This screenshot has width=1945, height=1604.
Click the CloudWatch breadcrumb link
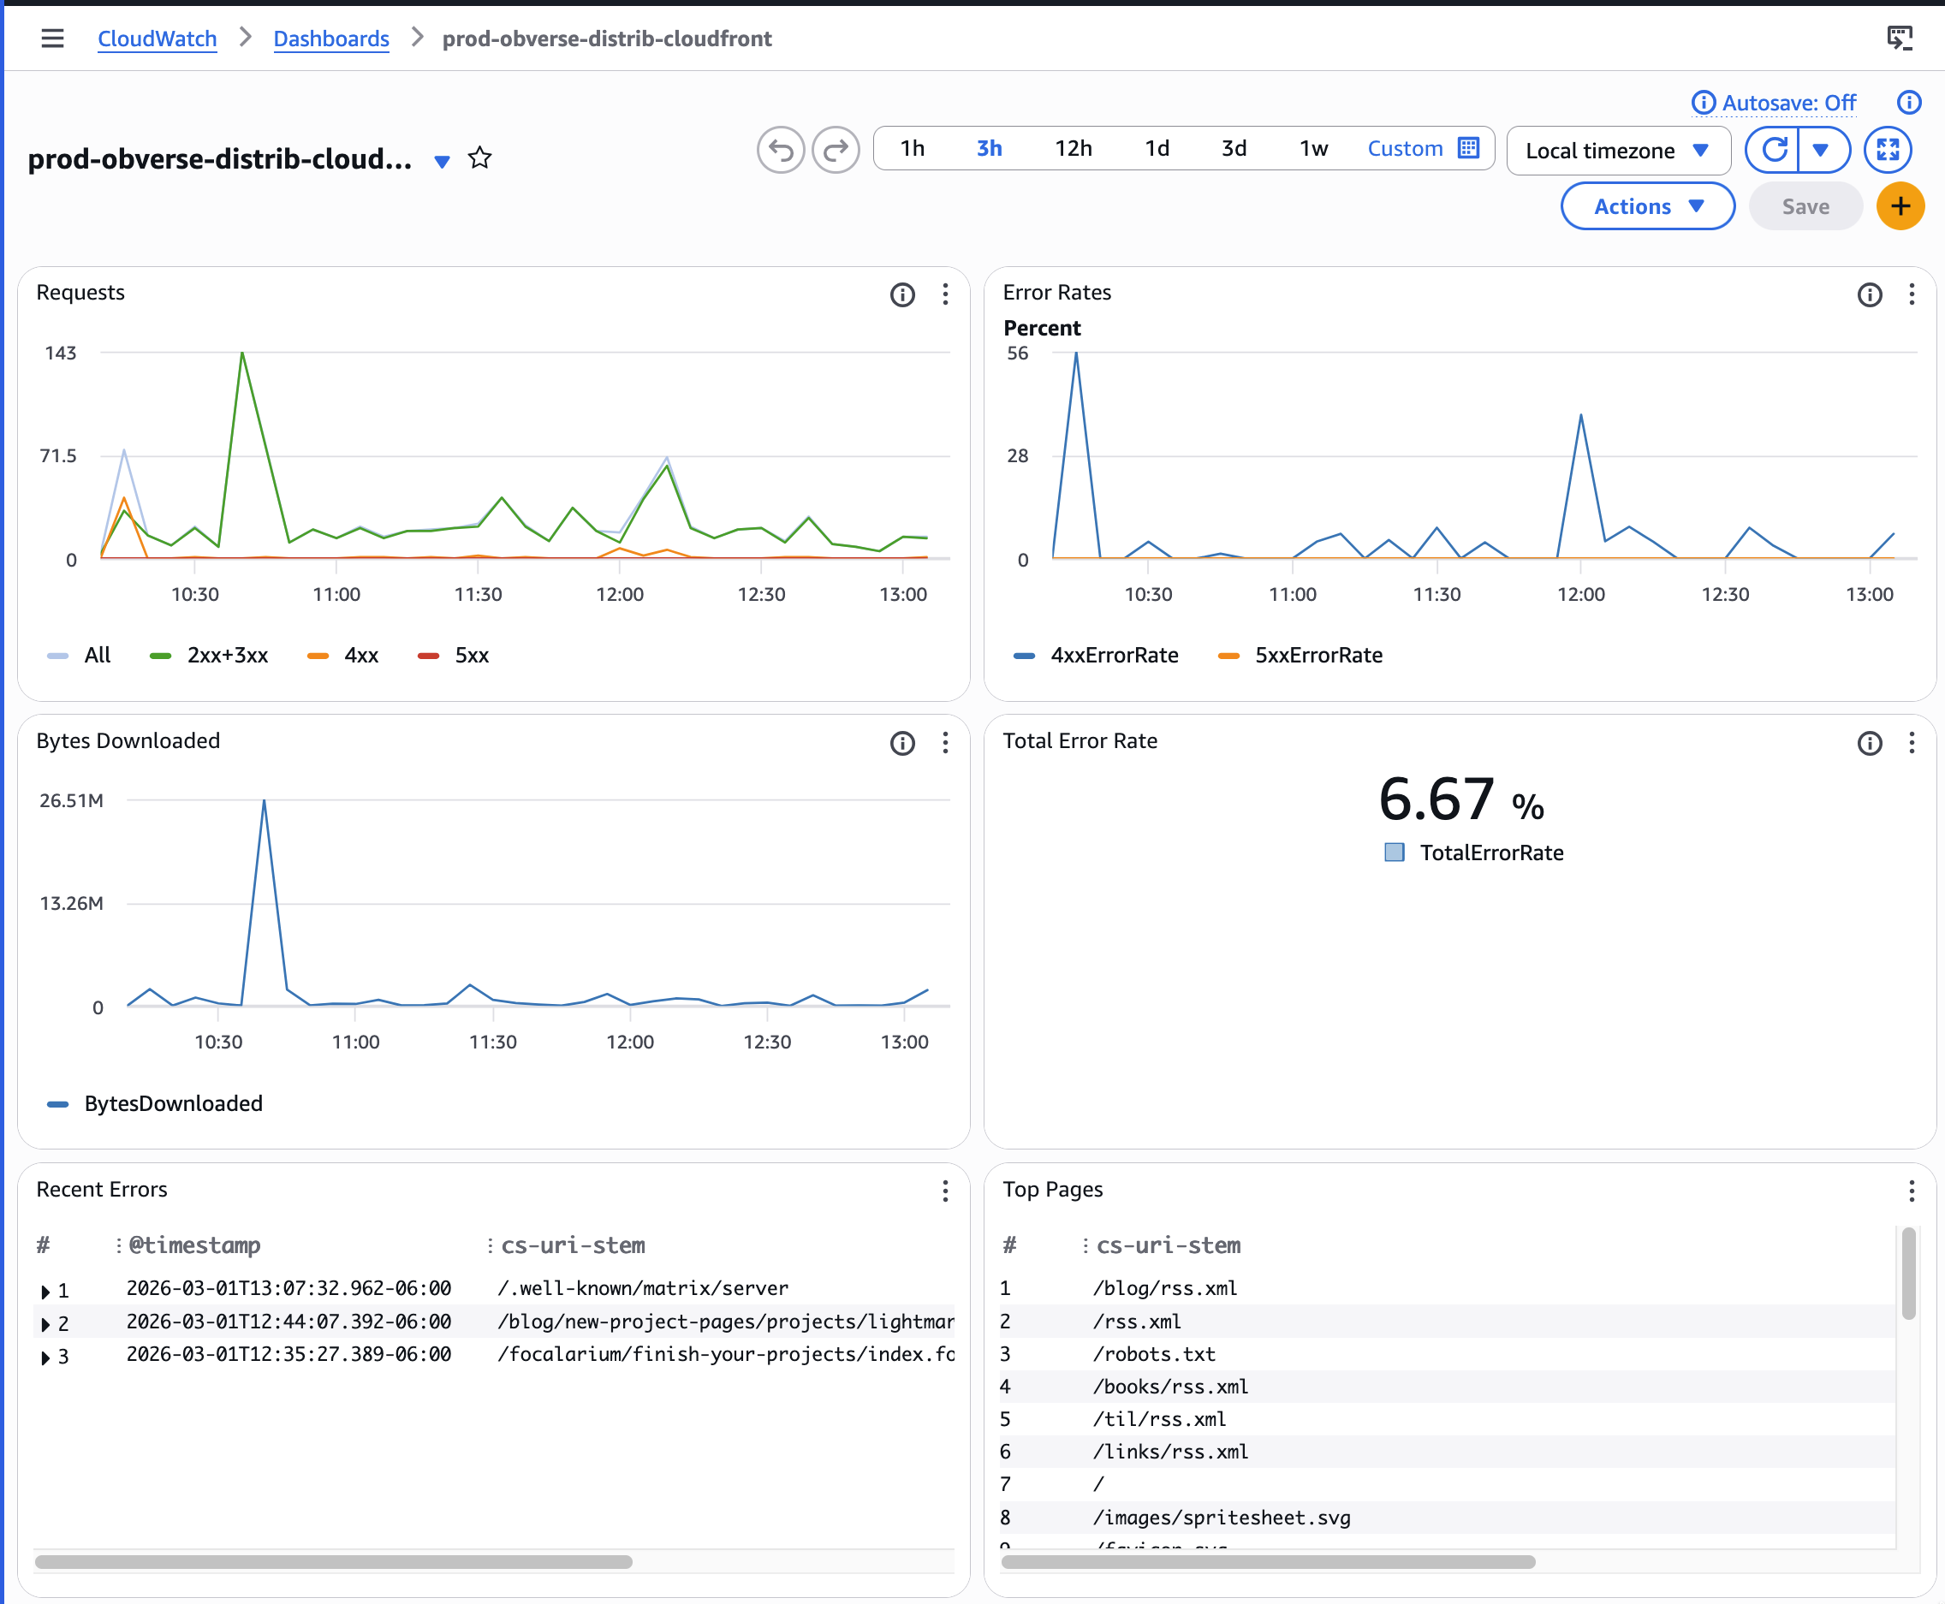[x=157, y=39]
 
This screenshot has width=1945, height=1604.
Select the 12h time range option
[x=1073, y=149]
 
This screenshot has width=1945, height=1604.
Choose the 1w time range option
[x=1313, y=149]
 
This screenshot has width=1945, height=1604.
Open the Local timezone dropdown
[x=1617, y=151]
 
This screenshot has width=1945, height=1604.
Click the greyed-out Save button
[x=1805, y=207]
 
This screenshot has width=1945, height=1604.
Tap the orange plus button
[x=1900, y=207]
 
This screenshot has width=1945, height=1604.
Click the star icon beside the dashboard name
[x=479, y=159]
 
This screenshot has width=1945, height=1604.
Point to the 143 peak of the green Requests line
[x=242, y=353]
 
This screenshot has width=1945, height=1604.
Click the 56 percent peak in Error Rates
[x=1075, y=353]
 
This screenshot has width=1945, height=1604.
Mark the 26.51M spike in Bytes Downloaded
[x=265, y=801]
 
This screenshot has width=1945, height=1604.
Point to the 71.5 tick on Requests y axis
[x=58, y=455]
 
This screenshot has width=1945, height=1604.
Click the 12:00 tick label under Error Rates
[x=1580, y=594]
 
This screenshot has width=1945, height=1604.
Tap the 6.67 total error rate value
[x=1436, y=799]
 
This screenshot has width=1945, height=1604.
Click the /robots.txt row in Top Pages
[x=1154, y=1353]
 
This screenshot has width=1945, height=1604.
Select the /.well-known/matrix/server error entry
[x=642, y=1288]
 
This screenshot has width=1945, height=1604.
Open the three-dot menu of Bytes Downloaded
[x=944, y=743]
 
